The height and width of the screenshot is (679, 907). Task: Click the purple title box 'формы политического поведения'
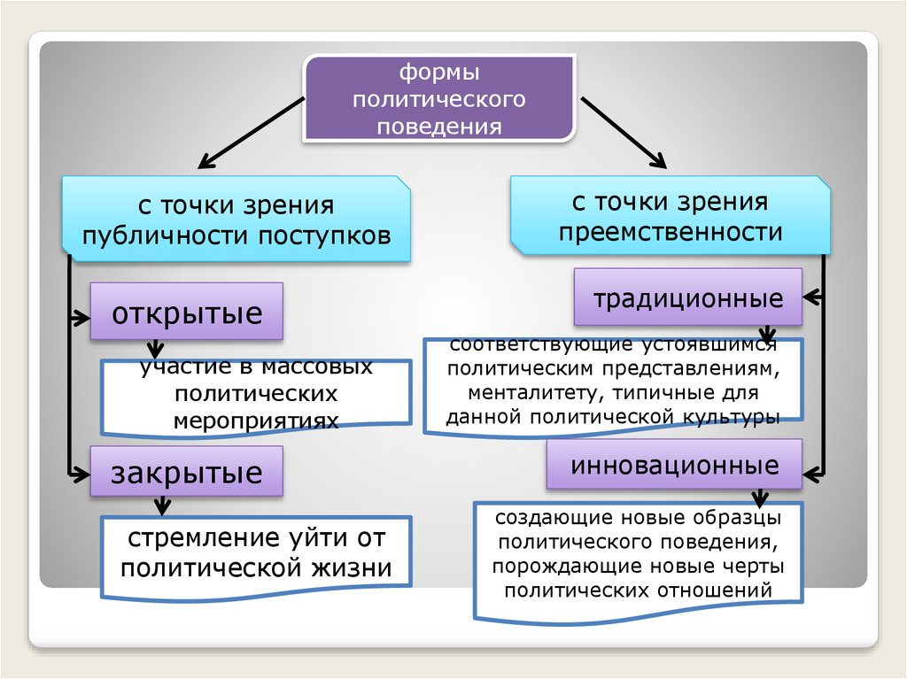pos(439,98)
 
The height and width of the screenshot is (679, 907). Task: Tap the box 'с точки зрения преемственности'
pos(670,217)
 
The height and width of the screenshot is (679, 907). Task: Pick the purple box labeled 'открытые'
pos(187,312)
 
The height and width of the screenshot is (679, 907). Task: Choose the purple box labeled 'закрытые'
pos(187,472)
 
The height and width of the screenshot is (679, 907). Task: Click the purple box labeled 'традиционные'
pos(688,298)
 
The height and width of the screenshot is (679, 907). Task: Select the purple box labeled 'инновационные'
pos(675,465)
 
